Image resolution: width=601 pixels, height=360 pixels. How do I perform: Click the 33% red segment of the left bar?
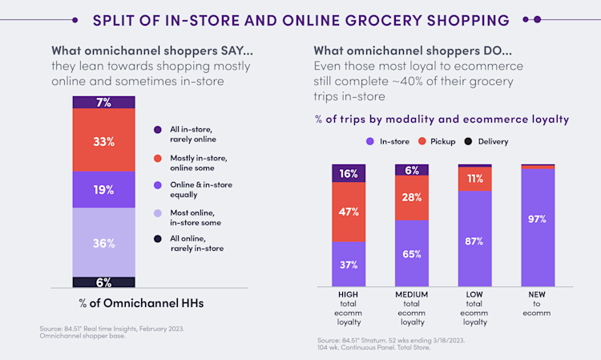point(103,140)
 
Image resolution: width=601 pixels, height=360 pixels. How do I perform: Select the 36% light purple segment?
point(103,242)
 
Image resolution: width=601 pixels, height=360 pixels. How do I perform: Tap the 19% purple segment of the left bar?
point(103,190)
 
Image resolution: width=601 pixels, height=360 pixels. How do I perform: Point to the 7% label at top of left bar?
point(103,103)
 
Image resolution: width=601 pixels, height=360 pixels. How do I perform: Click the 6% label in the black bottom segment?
point(103,282)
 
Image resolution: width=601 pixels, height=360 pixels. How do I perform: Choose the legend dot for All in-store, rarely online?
point(157,128)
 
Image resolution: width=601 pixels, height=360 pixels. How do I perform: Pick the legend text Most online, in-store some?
point(196,217)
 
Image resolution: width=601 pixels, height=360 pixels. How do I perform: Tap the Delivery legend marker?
point(469,141)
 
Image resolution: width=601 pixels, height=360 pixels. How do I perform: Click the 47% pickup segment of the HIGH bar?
point(349,212)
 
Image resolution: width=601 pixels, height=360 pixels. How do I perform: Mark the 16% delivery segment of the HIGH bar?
point(349,173)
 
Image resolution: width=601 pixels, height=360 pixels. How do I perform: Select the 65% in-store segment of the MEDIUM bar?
point(412,253)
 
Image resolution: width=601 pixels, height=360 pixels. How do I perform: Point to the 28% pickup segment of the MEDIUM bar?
point(412,197)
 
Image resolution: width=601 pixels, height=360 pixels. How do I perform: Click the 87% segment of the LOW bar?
point(475,240)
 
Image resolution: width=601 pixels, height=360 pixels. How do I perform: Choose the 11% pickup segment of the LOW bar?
point(475,179)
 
